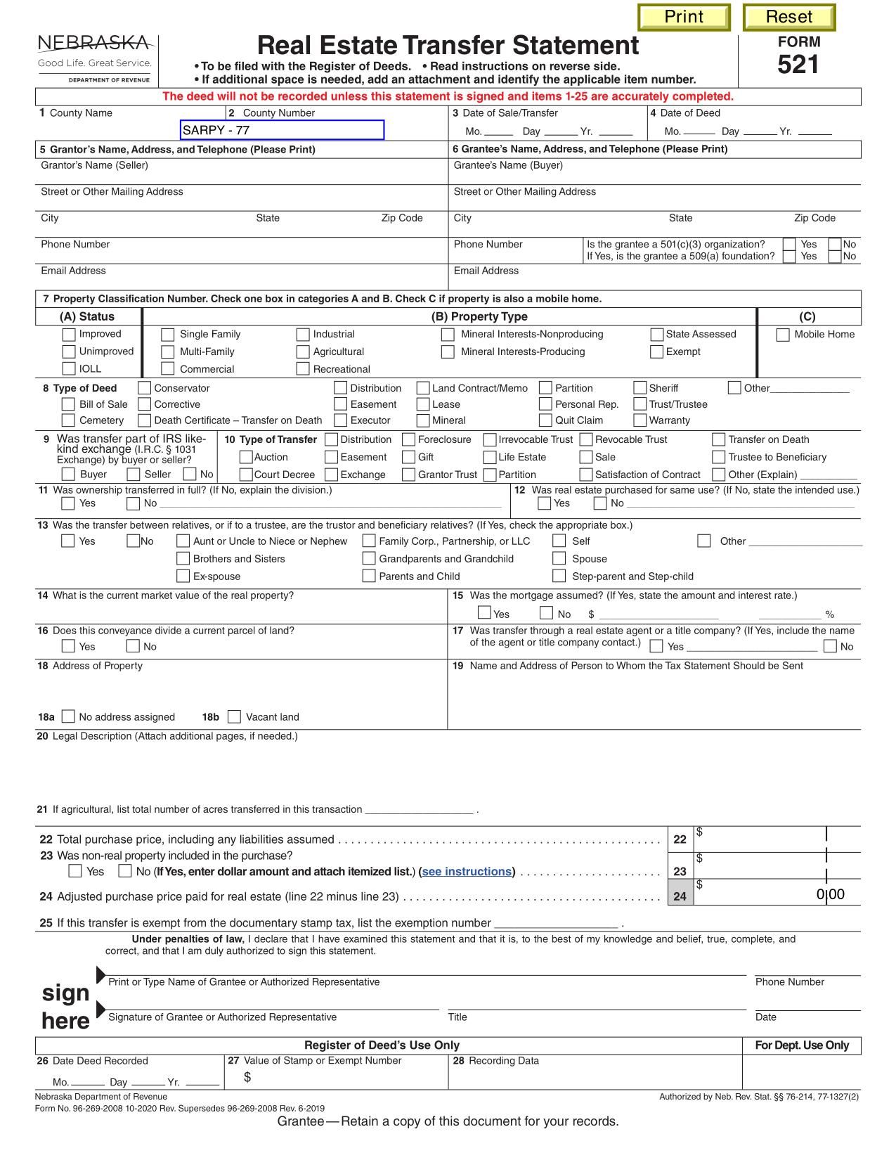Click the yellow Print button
coord(684,18)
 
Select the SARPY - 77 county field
coord(282,130)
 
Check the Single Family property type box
coord(168,335)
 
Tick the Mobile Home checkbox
coord(782,335)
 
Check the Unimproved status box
coord(69,352)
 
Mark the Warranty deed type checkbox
coord(639,420)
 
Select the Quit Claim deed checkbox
coord(545,420)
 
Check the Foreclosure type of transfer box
coord(408,439)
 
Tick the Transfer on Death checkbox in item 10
coord(718,439)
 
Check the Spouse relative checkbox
coord(559,558)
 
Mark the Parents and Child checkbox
coord(368,576)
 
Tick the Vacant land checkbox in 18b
coord(235,716)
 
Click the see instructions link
coord(467,872)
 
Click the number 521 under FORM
coord(798,65)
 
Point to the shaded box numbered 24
coord(680,896)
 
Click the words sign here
coord(65,1006)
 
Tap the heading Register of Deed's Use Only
coord(382,1045)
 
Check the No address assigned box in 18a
coord(68,716)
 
